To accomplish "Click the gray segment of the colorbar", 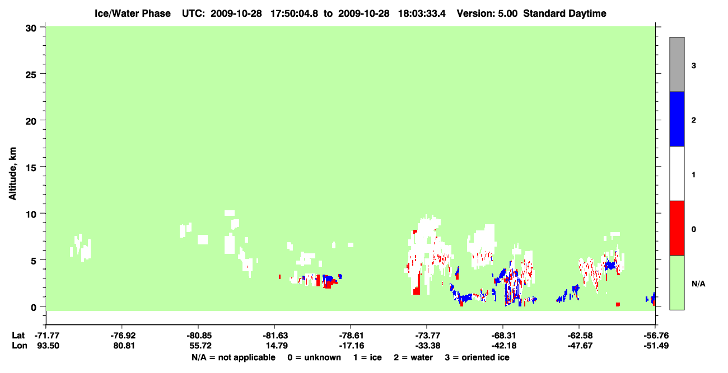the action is pyautogui.click(x=676, y=64).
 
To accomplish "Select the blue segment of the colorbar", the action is pyautogui.click(x=676, y=119).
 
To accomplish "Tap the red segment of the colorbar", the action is pyautogui.click(x=676, y=228).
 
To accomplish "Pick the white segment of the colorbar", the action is pyautogui.click(x=676, y=173).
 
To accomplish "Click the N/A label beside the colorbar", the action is pyautogui.click(x=698, y=284).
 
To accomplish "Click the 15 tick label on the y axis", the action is pyautogui.click(x=31, y=168).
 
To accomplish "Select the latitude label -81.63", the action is pyautogui.click(x=275, y=336).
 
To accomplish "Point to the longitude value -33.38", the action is pyautogui.click(x=427, y=346).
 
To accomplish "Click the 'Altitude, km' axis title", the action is pyautogui.click(x=12, y=173).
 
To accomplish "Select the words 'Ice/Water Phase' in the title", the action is pyautogui.click(x=133, y=13).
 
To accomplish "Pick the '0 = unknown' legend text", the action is pyautogui.click(x=314, y=357).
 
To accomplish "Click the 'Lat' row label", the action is pyautogui.click(x=18, y=336).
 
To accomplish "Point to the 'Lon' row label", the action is pyautogui.click(x=19, y=346).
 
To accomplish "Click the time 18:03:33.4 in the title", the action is pyautogui.click(x=422, y=13).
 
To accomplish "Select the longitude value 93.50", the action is pyautogui.click(x=48, y=346).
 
